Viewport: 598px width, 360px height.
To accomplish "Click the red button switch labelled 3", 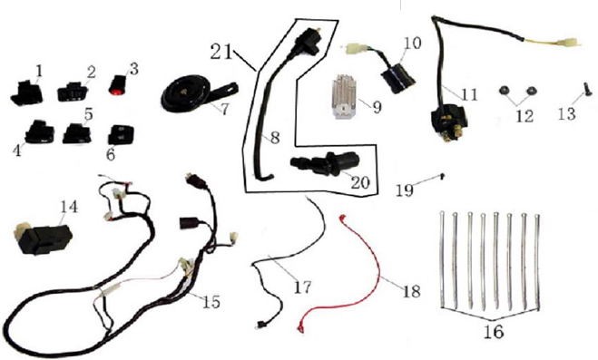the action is [118, 84].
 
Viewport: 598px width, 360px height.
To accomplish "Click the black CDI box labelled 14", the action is [43, 238].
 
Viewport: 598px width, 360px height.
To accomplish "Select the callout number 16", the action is [494, 332].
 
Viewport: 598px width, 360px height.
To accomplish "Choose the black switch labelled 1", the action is [26, 93].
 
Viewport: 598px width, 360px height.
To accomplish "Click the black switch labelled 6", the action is [121, 135].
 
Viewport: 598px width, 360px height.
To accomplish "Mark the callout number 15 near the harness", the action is [211, 302].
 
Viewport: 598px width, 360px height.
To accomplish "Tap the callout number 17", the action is [303, 287].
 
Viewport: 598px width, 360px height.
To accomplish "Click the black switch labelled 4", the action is [39, 131].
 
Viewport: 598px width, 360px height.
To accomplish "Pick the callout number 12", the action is [524, 116].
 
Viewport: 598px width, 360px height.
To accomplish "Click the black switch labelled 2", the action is [73, 92].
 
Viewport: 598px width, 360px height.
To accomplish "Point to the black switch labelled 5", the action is [77, 133].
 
